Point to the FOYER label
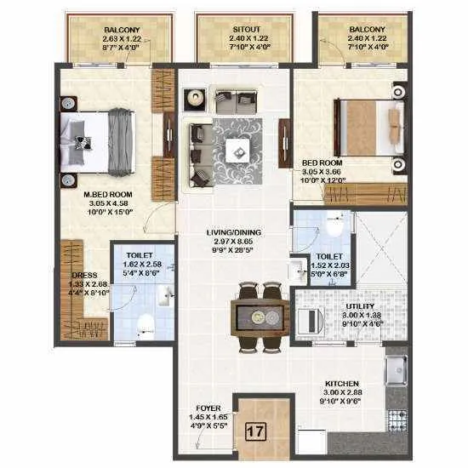tap(207, 408)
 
